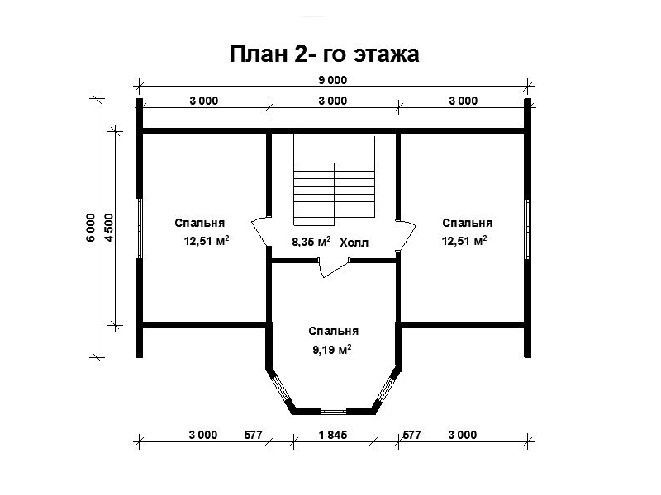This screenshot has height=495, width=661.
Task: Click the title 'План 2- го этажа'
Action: (x=324, y=54)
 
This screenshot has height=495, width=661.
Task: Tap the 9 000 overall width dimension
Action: (x=333, y=80)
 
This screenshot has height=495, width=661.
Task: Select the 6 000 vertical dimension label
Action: (x=91, y=228)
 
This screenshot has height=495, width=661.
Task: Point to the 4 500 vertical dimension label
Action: (x=108, y=228)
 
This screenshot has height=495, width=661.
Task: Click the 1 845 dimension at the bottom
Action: (x=333, y=435)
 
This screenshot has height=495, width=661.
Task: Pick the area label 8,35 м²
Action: (x=311, y=242)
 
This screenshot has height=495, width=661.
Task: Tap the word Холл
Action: (x=354, y=243)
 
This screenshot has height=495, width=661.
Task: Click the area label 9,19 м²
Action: (x=332, y=350)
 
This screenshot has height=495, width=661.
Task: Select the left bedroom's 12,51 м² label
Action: (x=207, y=241)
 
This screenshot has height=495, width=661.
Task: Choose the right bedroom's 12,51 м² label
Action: (x=464, y=241)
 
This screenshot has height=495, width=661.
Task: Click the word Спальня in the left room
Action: (x=200, y=223)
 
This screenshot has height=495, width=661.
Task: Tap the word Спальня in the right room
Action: (x=468, y=223)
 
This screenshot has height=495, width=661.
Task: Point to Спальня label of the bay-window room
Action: (x=334, y=332)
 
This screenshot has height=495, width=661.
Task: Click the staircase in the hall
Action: (x=334, y=181)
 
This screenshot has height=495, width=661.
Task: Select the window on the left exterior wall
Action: (x=139, y=229)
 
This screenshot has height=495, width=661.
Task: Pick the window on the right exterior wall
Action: (x=527, y=229)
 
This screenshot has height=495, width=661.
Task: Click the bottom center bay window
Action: (x=334, y=411)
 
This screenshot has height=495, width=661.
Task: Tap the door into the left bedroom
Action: (x=261, y=233)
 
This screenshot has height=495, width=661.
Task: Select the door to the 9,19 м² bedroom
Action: (x=334, y=267)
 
